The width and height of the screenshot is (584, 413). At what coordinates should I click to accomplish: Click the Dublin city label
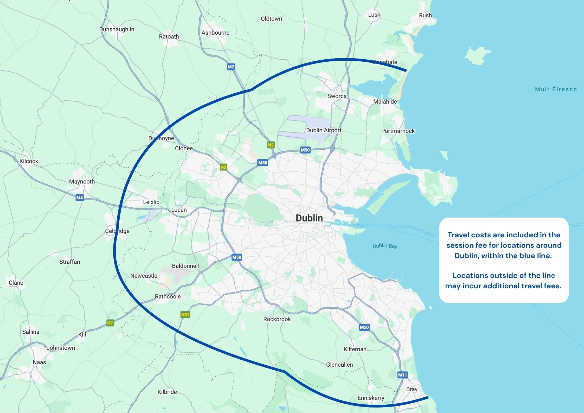[309, 218]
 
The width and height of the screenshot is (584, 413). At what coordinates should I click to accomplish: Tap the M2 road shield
[231, 67]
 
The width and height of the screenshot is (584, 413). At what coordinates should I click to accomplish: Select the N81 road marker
[185, 315]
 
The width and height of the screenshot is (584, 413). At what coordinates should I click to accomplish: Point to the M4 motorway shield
[80, 198]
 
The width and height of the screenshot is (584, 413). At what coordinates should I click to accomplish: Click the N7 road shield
[110, 323]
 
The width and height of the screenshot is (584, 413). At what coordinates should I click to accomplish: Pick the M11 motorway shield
[402, 375]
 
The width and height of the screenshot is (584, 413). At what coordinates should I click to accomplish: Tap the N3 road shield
[223, 167]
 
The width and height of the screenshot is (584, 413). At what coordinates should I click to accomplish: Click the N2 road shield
[271, 145]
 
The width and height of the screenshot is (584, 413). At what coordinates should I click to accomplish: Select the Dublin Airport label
[324, 130]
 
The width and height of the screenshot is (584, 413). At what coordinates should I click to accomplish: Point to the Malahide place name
[385, 101]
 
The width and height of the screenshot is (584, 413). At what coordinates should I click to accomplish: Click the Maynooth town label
[82, 182]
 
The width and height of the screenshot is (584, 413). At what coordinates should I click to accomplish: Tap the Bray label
[412, 389]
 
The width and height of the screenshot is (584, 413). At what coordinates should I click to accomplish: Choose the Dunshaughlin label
[117, 29]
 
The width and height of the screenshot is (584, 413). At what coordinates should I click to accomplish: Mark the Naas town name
[39, 362]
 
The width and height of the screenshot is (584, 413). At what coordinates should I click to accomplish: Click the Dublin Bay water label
[385, 246]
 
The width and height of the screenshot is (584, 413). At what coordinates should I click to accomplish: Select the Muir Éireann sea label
[556, 89]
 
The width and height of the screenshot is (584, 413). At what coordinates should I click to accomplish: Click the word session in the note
[459, 245]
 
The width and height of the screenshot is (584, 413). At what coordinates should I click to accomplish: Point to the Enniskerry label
[371, 398]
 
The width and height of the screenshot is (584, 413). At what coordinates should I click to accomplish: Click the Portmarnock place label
[398, 131]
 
